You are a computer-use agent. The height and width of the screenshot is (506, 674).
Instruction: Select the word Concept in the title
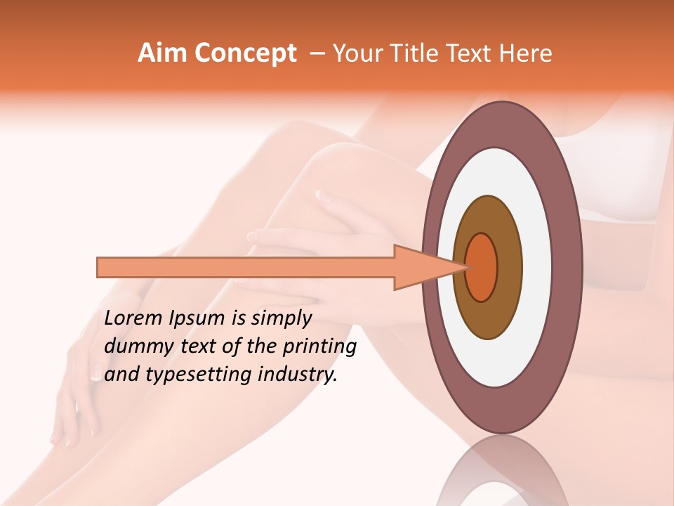246,53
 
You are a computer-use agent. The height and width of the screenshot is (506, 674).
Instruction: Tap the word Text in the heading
470,53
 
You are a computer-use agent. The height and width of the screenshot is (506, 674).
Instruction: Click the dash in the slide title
317,53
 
